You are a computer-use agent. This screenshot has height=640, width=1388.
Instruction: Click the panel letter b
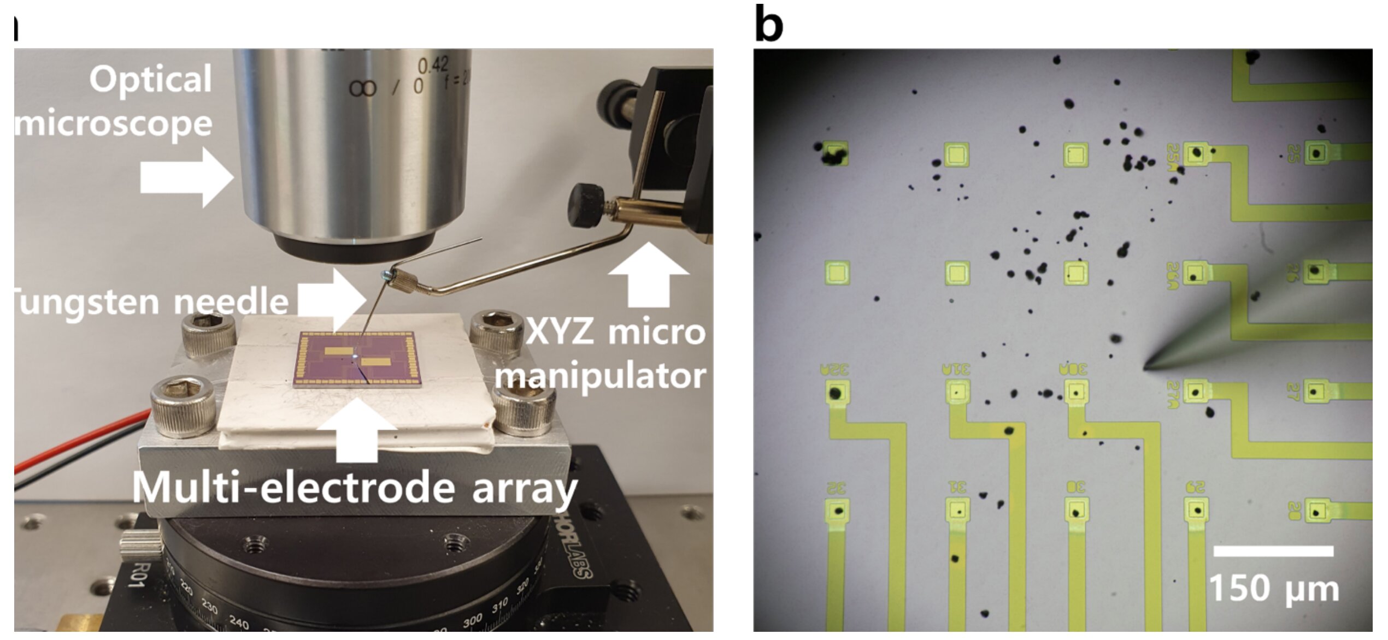768,24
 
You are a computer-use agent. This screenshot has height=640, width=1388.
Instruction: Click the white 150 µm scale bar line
1273,552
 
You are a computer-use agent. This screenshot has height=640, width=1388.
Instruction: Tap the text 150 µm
1273,589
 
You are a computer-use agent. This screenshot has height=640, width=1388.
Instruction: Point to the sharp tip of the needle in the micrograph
1145,368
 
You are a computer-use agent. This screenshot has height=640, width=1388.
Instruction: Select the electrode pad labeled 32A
836,393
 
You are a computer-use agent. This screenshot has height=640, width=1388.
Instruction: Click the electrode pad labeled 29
1196,511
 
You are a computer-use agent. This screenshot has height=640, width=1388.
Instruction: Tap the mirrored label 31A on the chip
956,370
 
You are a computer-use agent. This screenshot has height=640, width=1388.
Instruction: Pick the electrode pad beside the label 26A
1195,274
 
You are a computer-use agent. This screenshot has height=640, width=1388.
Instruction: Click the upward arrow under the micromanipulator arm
648,275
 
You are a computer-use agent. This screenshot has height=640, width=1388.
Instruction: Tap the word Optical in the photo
151,80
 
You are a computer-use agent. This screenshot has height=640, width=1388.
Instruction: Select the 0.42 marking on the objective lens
433,66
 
